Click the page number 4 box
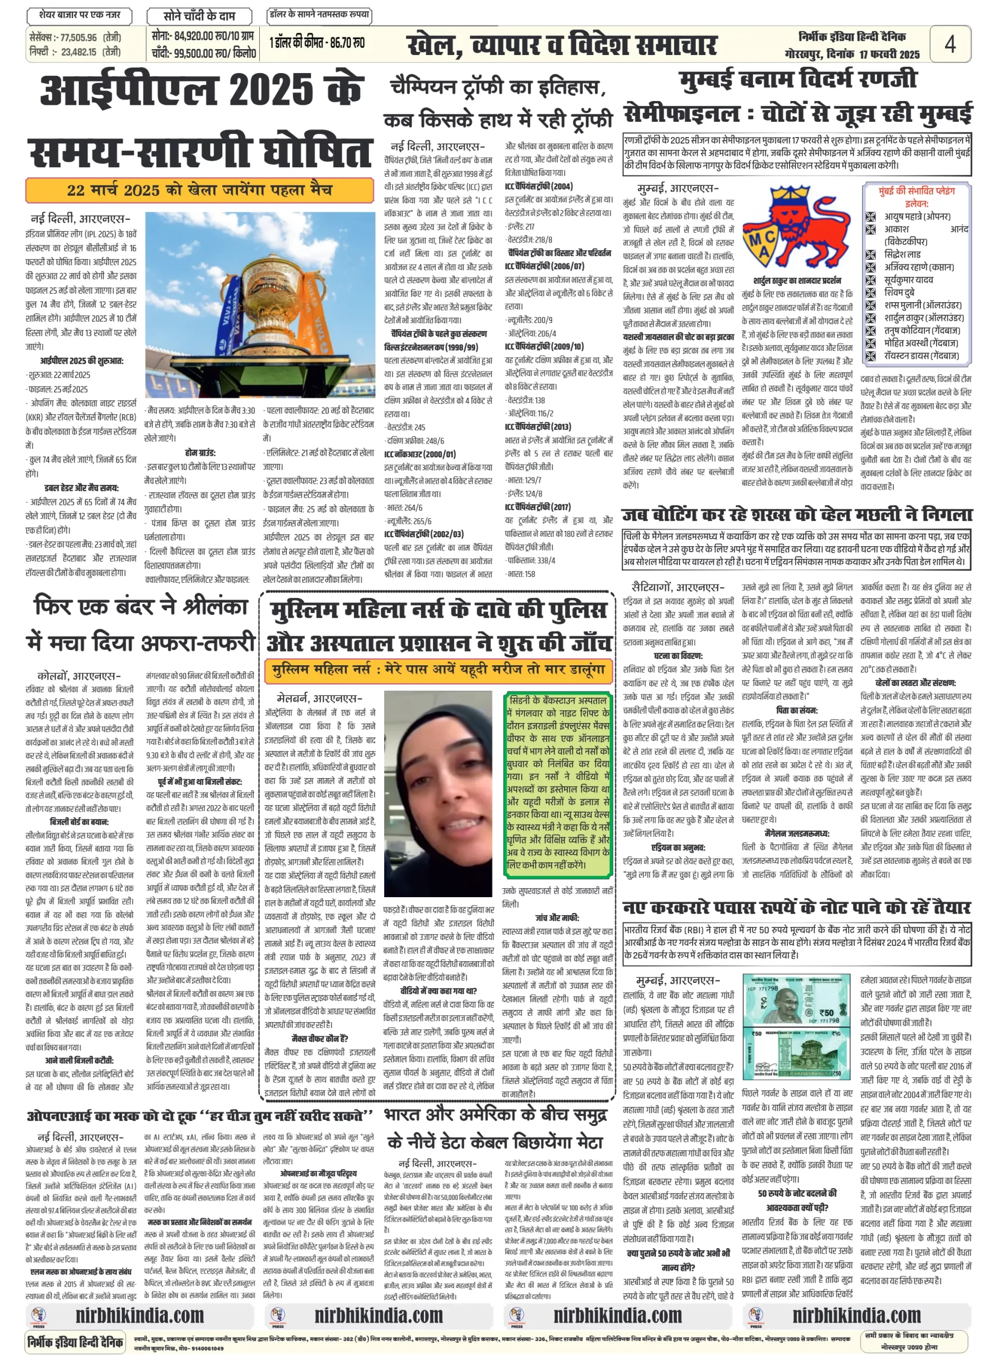tap(949, 44)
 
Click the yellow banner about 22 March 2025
tap(199, 190)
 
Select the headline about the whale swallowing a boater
tap(796, 514)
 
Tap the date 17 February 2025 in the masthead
tap(889, 55)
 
